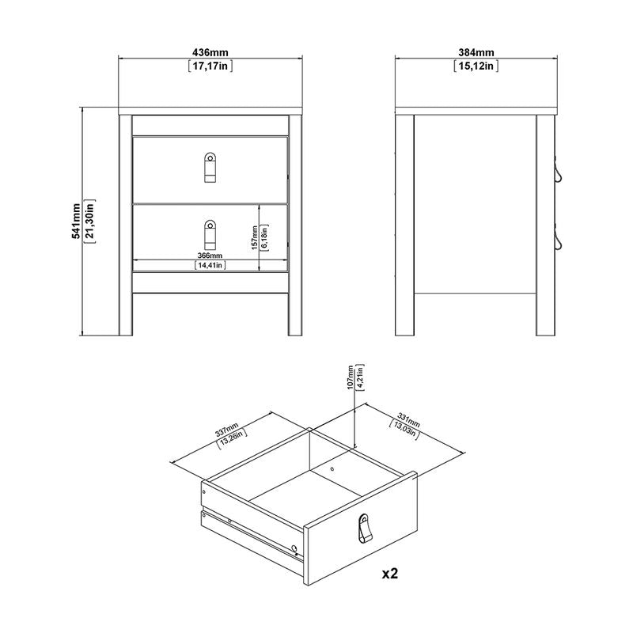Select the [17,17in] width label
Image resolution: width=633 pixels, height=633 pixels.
tap(210, 66)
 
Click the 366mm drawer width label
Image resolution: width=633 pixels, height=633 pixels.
tap(210, 255)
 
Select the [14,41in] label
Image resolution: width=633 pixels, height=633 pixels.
tap(210, 266)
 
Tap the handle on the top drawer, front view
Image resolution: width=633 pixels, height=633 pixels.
tap(210, 167)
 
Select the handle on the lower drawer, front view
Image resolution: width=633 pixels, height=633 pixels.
tap(210, 233)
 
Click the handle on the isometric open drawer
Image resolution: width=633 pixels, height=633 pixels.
tap(364, 529)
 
